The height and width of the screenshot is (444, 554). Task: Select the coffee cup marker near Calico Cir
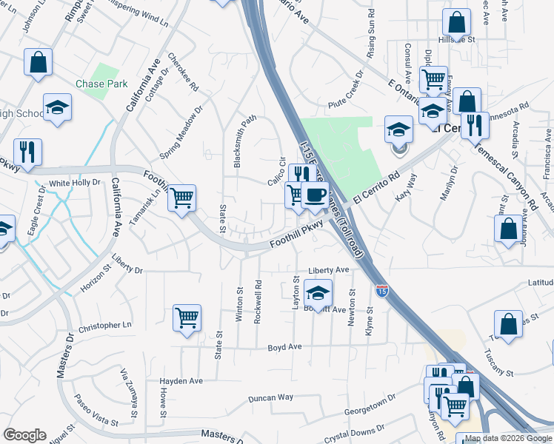point(316,195)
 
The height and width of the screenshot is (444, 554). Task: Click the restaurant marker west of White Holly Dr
point(27,152)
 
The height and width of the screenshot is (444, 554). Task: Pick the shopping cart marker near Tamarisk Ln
point(181,198)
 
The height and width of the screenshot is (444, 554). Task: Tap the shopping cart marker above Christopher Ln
point(187,318)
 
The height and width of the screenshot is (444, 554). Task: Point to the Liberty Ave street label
point(330,271)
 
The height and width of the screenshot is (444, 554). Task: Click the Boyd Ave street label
point(284,346)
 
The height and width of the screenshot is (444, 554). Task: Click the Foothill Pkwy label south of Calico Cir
point(296,235)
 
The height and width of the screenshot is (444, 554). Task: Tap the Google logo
point(24,435)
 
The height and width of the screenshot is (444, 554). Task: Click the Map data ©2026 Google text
point(508,438)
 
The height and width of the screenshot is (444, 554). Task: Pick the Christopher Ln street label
point(104,326)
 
